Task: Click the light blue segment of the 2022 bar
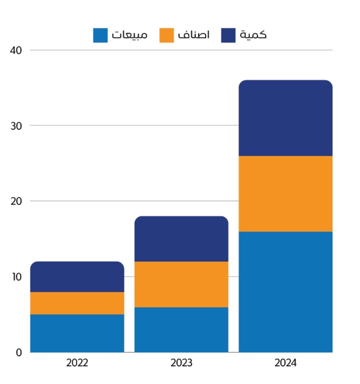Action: [x=77, y=333]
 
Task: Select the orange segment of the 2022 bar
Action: [x=77, y=303]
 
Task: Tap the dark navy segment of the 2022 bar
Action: [x=77, y=277]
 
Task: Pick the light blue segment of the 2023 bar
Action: [x=181, y=330]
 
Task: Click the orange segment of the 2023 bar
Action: [x=181, y=284]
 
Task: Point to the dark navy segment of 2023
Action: [x=181, y=239]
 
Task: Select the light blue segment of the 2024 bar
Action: [x=285, y=292]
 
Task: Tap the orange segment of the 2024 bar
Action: [x=285, y=194]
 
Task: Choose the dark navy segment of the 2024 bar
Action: [x=285, y=118]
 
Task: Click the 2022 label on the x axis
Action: [x=77, y=363]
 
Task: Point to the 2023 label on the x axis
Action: [x=181, y=363]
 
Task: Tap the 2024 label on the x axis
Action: [x=285, y=363]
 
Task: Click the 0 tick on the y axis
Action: [x=19, y=352]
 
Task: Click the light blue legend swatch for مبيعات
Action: [x=100, y=35]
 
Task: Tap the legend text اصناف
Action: [x=193, y=35]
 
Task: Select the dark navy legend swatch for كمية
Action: [x=228, y=35]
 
